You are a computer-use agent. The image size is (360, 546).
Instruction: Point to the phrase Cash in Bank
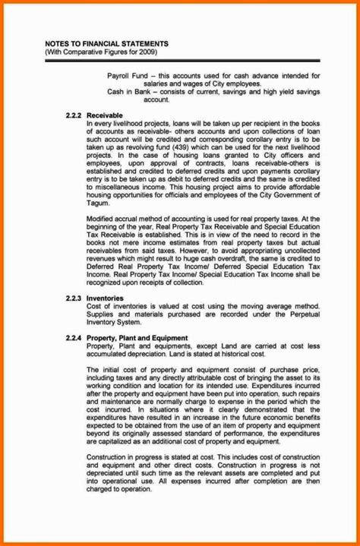(x=127, y=91)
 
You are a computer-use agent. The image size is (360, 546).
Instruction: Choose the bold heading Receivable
(x=105, y=114)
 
